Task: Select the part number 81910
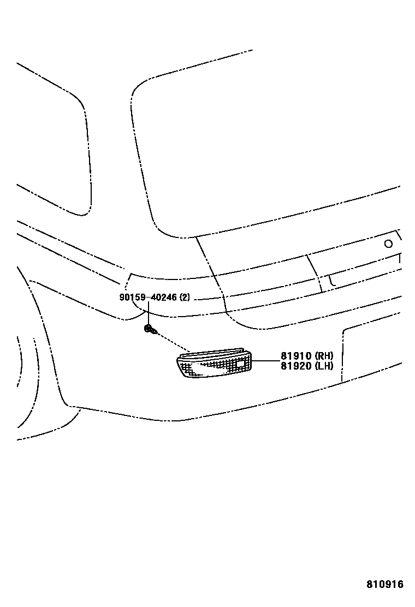click(295, 356)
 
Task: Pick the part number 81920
click(295, 366)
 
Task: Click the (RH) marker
click(323, 356)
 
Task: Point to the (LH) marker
click(323, 366)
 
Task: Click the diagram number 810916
click(384, 585)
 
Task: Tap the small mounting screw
click(150, 329)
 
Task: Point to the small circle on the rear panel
click(388, 244)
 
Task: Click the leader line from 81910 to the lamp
click(265, 361)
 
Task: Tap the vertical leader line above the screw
click(147, 314)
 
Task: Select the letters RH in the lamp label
click(324, 356)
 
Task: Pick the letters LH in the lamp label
click(324, 366)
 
